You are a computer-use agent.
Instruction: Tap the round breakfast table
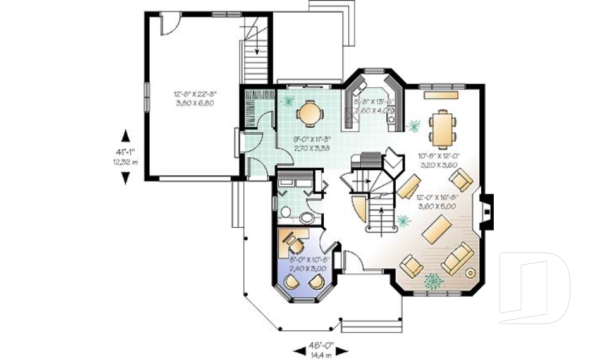coord(310,113)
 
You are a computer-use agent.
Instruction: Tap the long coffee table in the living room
coord(436,230)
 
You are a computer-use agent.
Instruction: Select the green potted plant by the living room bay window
coord(433,278)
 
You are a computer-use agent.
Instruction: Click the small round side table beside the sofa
coord(470,273)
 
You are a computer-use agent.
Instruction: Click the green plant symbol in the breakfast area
coord(289,99)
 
